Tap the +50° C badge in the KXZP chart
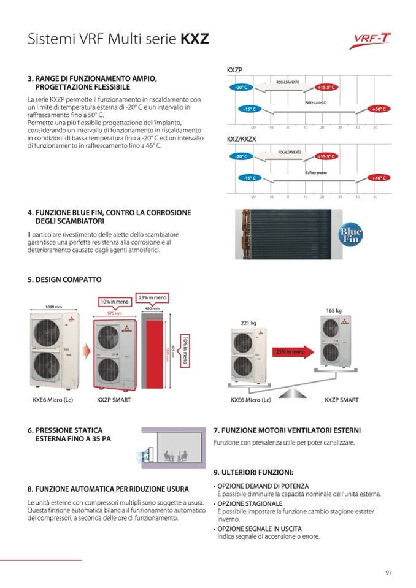[x=377, y=109]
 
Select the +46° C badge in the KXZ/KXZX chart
[x=377, y=177]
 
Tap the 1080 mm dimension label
[x=54, y=307]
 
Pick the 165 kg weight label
[x=334, y=311]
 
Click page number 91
[x=388, y=573]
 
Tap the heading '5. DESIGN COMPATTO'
[x=64, y=279]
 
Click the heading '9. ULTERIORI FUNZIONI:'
[x=253, y=472]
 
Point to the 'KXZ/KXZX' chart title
[x=241, y=139]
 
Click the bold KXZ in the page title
[x=195, y=40]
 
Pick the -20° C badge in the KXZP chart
[x=241, y=88]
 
